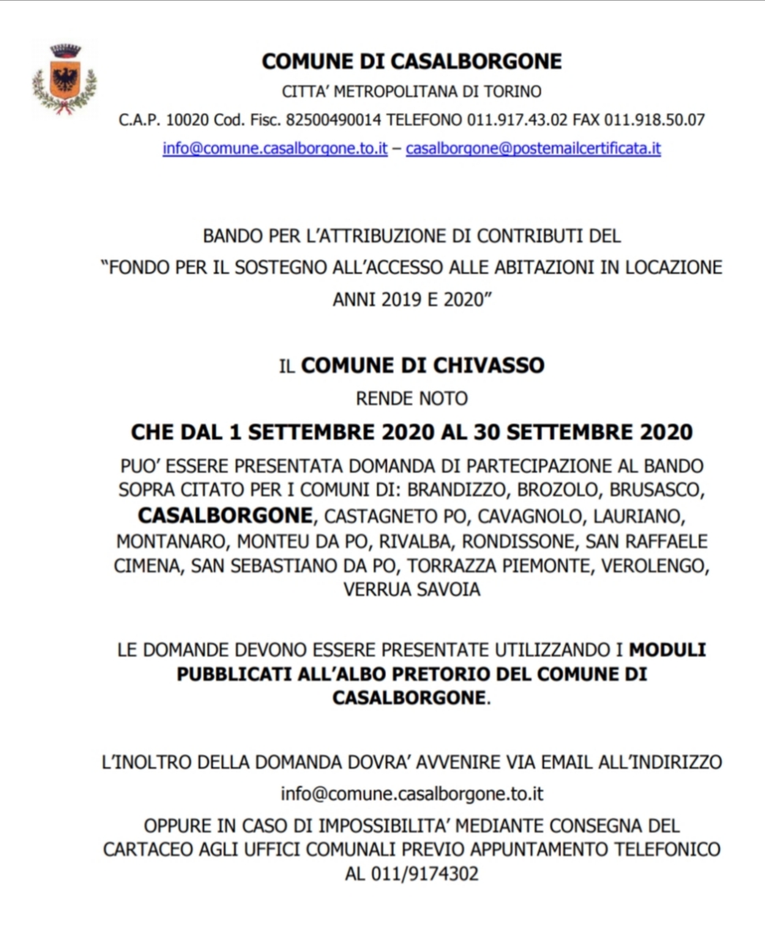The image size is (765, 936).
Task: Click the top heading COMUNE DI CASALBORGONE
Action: click(412, 61)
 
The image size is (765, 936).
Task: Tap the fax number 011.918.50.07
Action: click(654, 120)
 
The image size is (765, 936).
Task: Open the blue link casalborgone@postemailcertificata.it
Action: click(533, 148)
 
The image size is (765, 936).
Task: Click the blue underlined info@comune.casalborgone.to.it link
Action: click(275, 148)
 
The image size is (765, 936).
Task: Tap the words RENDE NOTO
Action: click(412, 398)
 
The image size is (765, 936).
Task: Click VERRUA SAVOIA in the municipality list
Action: click(412, 590)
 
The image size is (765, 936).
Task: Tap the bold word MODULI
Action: click(666, 650)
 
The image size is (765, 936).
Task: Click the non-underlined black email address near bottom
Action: click(412, 793)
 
